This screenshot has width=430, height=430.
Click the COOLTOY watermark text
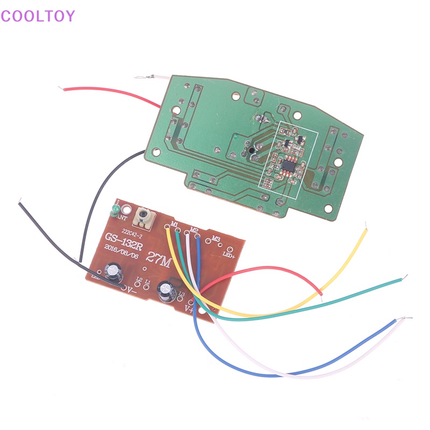coord(38,16)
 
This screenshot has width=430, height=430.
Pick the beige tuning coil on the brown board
coord(145,217)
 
